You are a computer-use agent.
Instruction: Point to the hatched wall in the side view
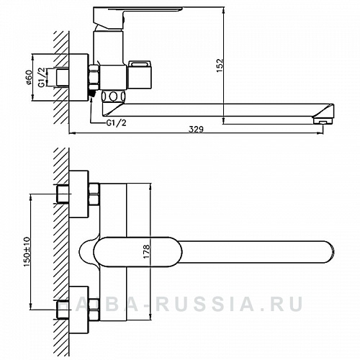61,72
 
